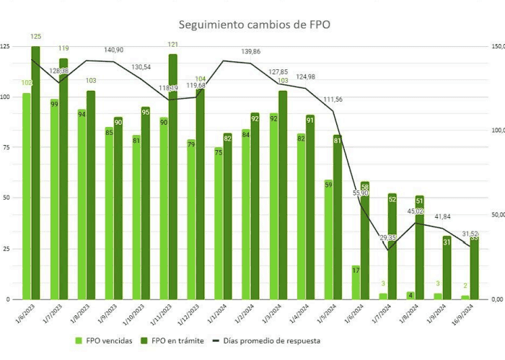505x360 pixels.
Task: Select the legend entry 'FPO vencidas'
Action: [x=108, y=341]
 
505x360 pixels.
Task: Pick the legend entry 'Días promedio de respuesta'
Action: [x=268, y=341]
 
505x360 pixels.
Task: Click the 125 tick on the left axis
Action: [x=6, y=47]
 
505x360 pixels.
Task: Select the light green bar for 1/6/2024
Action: [x=356, y=282]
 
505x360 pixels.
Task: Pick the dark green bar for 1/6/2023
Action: [x=35, y=173]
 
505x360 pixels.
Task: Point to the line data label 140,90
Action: [x=114, y=50]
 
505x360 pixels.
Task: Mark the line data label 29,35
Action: [x=388, y=237]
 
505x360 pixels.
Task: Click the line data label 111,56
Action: [x=333, y=99]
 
